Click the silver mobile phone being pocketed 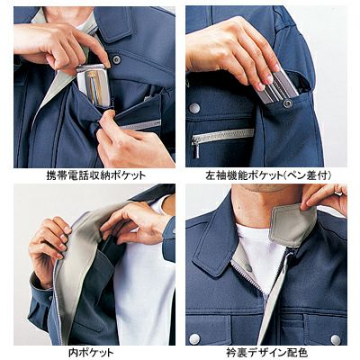94,85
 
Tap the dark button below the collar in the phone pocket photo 116,59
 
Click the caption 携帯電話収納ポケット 96,175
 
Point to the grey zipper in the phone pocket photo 140,124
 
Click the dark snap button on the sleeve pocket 289,103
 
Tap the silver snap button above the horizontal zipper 194,107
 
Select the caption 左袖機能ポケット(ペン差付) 265,175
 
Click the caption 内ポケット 91,352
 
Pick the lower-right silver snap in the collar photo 335,339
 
